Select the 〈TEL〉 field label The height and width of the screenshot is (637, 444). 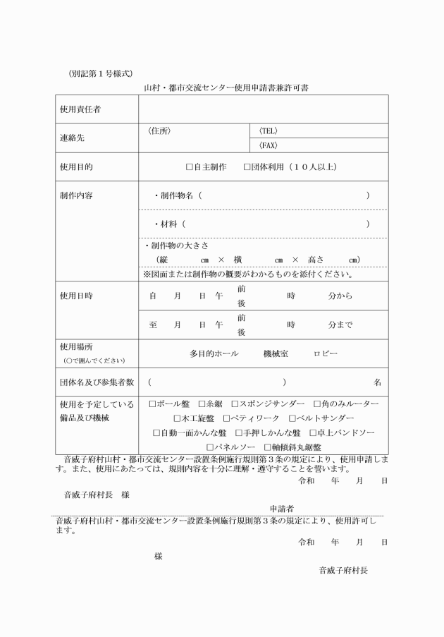tap(268, 131)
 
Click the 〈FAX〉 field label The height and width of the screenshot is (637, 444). tap(268, 145)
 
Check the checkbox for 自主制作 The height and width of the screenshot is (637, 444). tap(189, 167)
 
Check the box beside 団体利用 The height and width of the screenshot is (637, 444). tap(247, 167)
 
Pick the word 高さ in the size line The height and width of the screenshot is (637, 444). tap(316, 259)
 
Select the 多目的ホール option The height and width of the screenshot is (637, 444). tap(213, 353)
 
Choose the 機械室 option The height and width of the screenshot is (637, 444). tap(276, 353)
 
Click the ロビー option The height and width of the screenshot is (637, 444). tap(326, 353)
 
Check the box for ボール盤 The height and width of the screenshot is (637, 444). tap(152, 404)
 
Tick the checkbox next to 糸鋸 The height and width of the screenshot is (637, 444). tap(201, 404)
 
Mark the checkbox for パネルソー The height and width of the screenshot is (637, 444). tap(209, 447)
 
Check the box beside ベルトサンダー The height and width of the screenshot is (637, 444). tap(292, 418)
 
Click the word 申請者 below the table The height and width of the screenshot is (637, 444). tap(282, 509)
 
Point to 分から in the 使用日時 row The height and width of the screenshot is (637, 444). tap(340, 296)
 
